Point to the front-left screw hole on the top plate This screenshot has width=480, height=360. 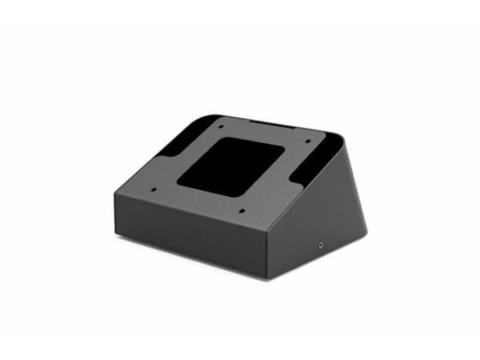click(154, 189)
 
